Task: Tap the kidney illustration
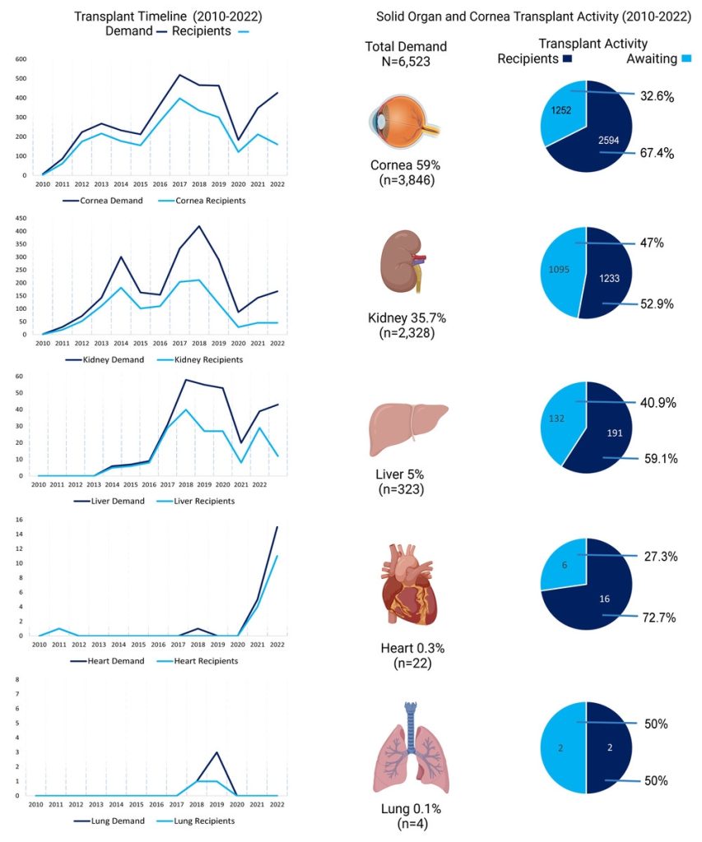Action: pos(402,262)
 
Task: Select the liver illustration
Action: pos(408,429)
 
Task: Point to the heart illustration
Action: pos(408,585)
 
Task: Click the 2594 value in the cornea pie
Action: pos(608,140)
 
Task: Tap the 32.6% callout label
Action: pos(657,96)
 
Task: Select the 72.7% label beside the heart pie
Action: pos(659,618)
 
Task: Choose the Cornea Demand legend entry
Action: pos(103,201)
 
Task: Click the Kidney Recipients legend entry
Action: pos(200,360)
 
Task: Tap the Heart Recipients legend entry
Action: pos(198,661)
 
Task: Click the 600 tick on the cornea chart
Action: pos(21,59)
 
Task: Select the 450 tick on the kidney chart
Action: pos(21,219)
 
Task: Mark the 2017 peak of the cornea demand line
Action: pos(179,75)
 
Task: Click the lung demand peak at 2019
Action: pos(216,752)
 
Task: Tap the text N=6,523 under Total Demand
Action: pos(406,62)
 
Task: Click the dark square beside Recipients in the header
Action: pos(567,58)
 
